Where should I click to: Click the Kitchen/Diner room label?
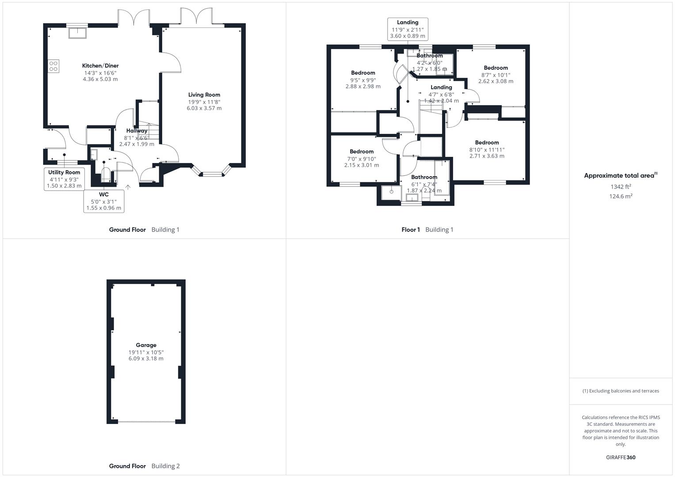[100, 66]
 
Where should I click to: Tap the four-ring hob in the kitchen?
[53, 66]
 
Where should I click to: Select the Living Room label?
[204, 95]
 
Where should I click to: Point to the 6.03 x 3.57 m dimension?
[204, 108]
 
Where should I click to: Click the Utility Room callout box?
[65, 179]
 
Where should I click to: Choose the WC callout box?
[104, 201]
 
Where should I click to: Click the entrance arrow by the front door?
[128, 187]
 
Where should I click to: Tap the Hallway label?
[137, 131]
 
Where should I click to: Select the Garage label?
[146, 345]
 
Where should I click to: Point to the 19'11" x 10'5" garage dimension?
[146, 352]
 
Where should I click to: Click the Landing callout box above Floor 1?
[407, 29]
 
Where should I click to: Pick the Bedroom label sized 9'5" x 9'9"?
[363, 73]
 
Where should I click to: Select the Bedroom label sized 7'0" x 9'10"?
[362, 151]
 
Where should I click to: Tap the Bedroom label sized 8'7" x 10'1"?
[496, 68]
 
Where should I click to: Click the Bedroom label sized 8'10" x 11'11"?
[487, 143]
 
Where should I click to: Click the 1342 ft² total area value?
[621, 187]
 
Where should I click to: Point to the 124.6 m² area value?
[621, 197]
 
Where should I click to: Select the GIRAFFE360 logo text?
[621, 458]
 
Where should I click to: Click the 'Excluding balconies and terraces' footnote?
[621, 391]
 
